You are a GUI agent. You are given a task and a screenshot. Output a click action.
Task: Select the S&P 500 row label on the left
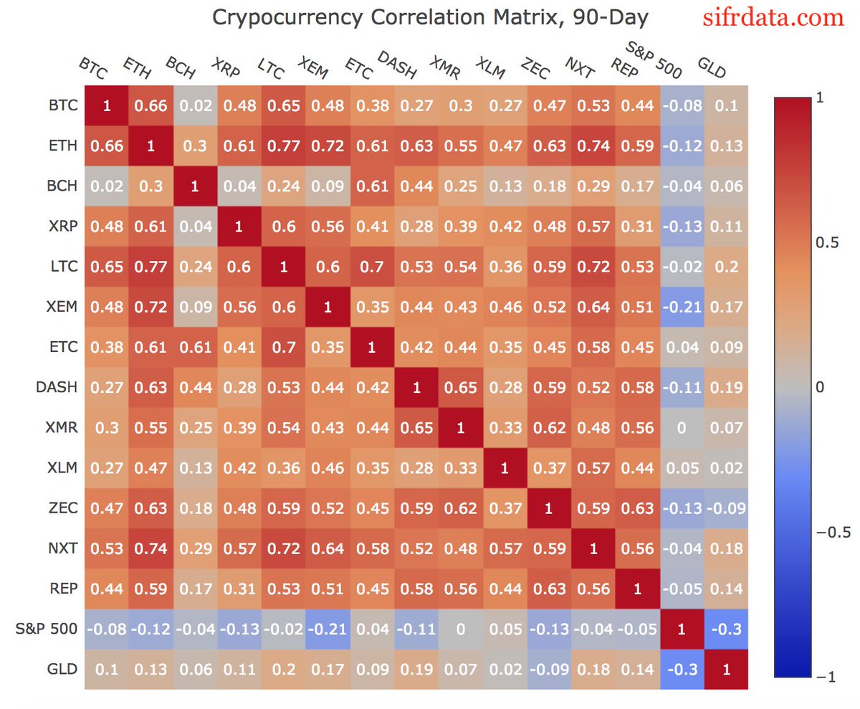click(45, 629)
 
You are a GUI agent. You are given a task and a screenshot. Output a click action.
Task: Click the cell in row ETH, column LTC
click(284, 146)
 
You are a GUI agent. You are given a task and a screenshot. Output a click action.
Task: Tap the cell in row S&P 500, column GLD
click(726, 629)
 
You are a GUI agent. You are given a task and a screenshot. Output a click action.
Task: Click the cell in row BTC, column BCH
click(195, 106)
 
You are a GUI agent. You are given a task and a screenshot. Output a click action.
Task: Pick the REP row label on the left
click(61, 589)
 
